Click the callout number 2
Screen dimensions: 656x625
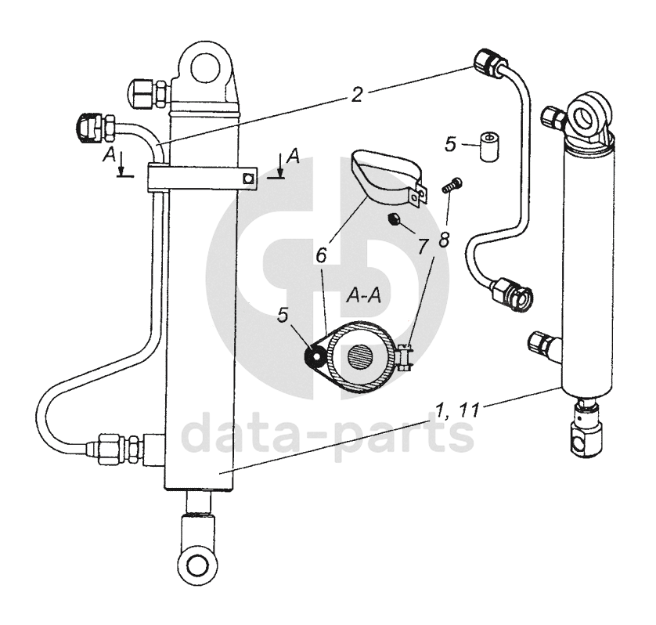(356, 96)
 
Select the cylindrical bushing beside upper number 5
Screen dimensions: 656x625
(488, 147)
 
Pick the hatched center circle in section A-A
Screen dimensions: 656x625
(362, 359)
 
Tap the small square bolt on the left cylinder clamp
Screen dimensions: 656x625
(248, 179)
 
